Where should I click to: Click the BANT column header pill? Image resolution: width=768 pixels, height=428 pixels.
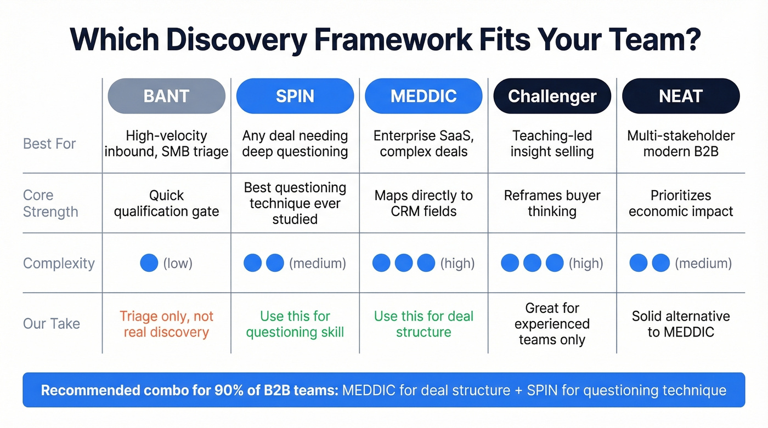click(x=166, y=96)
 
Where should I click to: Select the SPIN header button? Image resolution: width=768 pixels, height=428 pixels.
click(x=295, y=96)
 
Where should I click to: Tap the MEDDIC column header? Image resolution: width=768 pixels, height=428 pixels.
click(x=423, y=96)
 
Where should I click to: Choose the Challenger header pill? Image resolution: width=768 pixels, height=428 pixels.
click(x=552, y=96)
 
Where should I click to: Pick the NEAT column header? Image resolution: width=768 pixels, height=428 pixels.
click(x=680, y=96)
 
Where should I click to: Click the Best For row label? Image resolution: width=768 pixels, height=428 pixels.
click(x=49, y=144)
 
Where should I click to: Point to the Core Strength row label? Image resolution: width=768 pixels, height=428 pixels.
click(x=50, y=203)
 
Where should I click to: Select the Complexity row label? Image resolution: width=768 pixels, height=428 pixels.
click(x=59, y=264)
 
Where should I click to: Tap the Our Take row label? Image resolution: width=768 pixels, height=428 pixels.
click(x=52, y=324)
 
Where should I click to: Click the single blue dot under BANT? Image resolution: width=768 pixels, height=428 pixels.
click(x=149, y=263)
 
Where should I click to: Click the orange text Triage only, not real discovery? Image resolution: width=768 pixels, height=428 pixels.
click(x=166, y=324)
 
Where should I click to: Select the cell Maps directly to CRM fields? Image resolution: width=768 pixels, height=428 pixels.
click(x=423, y=203)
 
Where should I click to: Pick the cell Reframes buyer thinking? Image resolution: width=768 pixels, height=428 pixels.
click(x=552, y=203)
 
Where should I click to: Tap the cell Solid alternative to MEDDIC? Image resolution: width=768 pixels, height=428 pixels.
click(x=680, y=324)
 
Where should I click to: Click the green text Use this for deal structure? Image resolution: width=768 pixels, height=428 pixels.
click(x=423, y=324)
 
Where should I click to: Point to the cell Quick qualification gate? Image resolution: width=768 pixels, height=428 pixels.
click(x=166, y=203)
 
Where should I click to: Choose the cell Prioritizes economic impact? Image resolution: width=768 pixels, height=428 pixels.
click(x=680, y=203)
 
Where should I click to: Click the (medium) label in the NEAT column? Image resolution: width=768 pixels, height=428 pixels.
click(x=703, y=264)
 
